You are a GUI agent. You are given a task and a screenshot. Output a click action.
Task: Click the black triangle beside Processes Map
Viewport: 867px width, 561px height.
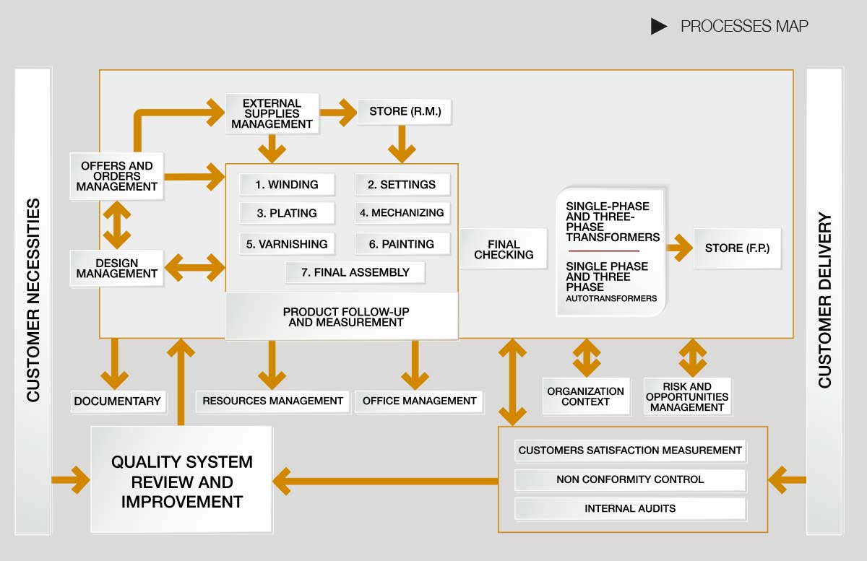tap(657, 27)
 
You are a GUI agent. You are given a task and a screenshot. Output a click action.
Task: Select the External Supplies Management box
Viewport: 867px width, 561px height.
tap(272, 113)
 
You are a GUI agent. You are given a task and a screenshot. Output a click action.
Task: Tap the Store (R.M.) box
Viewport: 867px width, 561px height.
tap(405, 112)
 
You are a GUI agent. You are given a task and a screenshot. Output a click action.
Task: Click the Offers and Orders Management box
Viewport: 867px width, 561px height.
tap(116, 176)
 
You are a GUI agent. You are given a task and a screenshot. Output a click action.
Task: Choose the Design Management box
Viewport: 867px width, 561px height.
tap(116, 268)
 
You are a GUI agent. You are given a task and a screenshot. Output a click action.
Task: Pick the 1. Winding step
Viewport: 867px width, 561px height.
tap(287, 184)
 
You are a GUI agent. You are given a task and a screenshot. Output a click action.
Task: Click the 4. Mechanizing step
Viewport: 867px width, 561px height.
tap(402, 213)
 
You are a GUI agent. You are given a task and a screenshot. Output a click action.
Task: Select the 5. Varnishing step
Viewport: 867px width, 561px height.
tap(287, 244)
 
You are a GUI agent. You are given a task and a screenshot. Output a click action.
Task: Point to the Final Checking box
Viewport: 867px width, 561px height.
tap(504, 249)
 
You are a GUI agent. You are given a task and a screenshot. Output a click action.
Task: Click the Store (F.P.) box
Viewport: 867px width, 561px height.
tap(737, 248)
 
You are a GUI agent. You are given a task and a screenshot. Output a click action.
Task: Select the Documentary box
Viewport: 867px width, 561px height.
tap(117, 401)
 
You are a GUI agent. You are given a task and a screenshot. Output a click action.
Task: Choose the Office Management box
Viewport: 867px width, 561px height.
tap(419, 401)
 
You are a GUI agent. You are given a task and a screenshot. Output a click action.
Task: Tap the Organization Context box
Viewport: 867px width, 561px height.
tap(585, 396)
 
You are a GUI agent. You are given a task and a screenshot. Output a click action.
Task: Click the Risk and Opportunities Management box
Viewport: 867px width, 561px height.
tap(686, 396)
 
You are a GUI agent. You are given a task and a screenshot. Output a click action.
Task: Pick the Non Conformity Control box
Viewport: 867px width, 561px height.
tap(630, 479)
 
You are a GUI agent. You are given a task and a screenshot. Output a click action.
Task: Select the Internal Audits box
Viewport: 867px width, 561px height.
tap(630, 508)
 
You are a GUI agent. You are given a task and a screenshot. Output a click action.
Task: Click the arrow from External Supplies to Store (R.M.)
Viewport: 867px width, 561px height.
tap(337, 113)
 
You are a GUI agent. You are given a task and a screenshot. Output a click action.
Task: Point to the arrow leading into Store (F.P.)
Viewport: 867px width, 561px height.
tap(679, 249)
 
